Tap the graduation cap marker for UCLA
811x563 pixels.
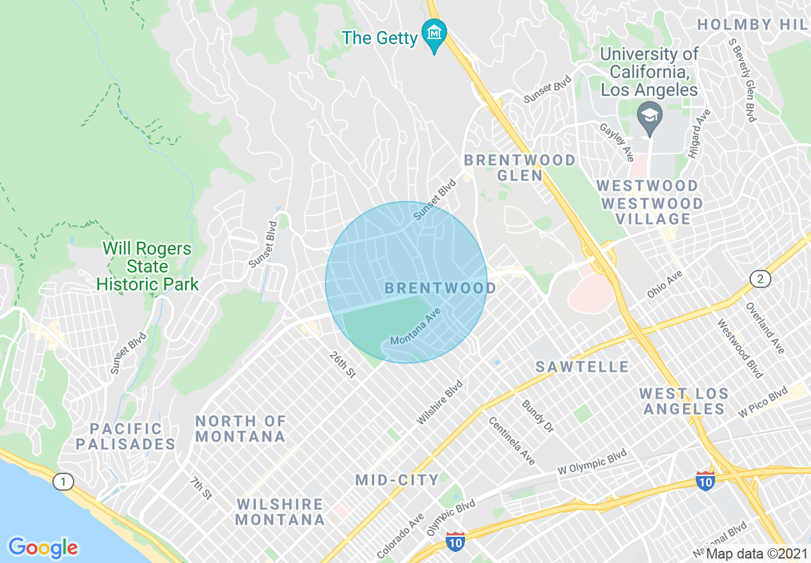[650, 117]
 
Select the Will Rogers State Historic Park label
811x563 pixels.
[147, 267]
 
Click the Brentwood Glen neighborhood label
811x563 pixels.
[519, 168]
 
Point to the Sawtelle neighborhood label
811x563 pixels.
[582, 367]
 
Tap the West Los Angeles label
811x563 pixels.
[684, 401]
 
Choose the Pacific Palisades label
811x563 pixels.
[125, 436]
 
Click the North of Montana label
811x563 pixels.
[240, 429]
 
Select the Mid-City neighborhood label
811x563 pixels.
[397, 480]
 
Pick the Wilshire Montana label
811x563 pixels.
[280, 512]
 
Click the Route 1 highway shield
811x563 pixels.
[63, 482]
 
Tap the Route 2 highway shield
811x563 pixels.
[760, 279]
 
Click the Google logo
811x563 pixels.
[43, 548]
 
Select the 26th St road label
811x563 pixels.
[342, 365]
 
